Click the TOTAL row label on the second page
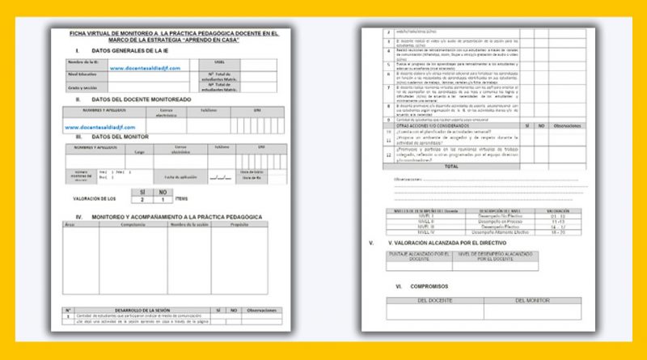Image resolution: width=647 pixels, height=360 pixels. click(x=450, y=166)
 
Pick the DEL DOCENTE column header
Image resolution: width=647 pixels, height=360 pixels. click(x=434, y=300)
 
